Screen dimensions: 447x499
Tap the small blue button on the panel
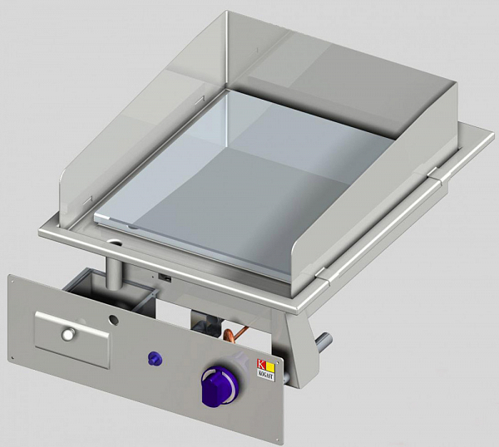coord(152,358)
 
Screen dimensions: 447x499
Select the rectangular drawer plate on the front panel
coord(72,339)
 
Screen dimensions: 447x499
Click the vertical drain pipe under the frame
coord(112,270)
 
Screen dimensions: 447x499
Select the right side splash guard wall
coord(399,199)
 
